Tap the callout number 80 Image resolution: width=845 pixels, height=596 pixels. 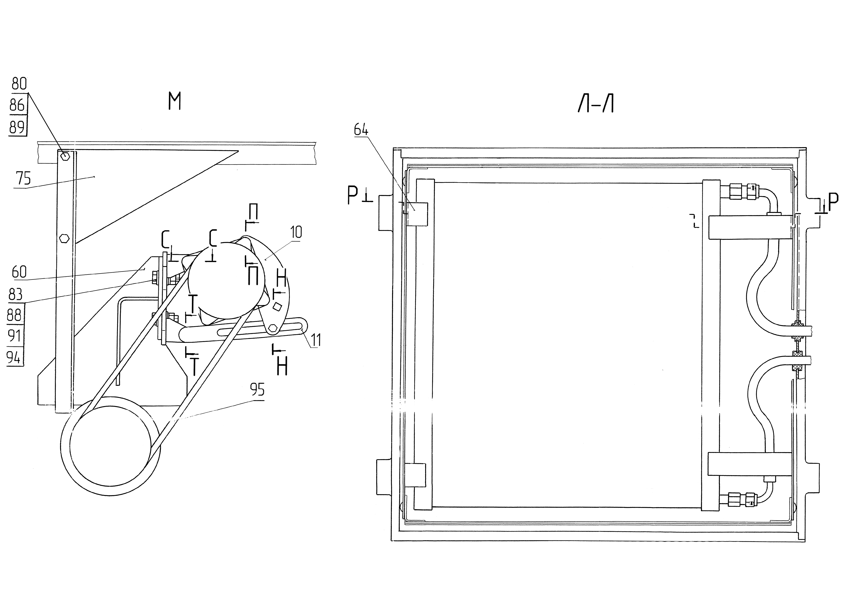coord(19,84)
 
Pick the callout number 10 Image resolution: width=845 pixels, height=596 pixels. coord(296,232)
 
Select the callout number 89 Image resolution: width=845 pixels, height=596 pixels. coord(17,127)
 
